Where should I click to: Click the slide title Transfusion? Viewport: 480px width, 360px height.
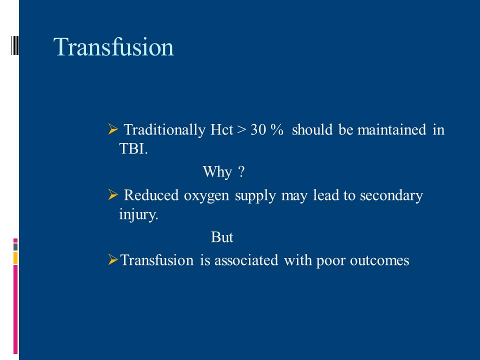point(113,47)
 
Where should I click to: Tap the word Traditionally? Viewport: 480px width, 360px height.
point(164,130)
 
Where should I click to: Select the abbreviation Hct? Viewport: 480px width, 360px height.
point(221,129)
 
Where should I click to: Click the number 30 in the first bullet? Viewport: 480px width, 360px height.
point(258,130)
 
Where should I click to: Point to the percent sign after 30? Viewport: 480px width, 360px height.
point(277,130)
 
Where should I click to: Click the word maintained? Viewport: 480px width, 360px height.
point(391,129)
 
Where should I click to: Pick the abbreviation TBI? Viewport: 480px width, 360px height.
point(133,149)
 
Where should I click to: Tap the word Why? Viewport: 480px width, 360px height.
point(217,171)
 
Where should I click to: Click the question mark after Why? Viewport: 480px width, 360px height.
point(241,171)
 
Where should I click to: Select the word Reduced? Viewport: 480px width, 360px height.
point(151,195)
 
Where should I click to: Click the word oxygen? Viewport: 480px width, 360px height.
point(206,196)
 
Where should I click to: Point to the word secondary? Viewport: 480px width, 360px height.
point(391,195)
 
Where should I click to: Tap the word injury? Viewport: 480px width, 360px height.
point(138,214)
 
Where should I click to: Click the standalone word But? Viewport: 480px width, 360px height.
point(222,237)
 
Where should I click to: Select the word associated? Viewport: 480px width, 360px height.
point(246,260)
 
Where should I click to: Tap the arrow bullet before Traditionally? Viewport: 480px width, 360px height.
point(113,129)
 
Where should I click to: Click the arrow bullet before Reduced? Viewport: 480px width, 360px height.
point(113,194)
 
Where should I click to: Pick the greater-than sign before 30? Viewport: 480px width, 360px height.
point(241,130)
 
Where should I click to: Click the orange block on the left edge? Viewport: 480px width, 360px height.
point(15,258)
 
